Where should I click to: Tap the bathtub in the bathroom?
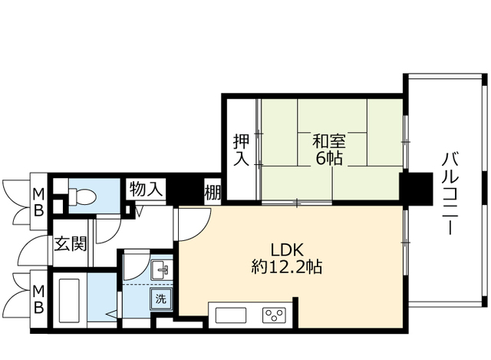pyautogui.click(x=70, y=302)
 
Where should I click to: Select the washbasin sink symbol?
pyautogui.click(x=162, y=269)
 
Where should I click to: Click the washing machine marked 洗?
pyautogui.click(x=162, y=299)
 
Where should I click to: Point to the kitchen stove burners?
pyautogui.click(x=273, y=314)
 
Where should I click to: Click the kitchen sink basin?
pyautogui.click(x=230, y=314)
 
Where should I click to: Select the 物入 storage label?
pyautogui.click(x=145, y=189)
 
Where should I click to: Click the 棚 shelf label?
pyautogui.click(x=213, y=191)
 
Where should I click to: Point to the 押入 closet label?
pyautogui.click(x=241, y=150)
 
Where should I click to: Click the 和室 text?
pyautogui.click(x=328, y=142)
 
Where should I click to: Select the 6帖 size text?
pyautogui.click(x=328, y=160)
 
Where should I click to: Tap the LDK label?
pyautogui.click(x=288, y=249)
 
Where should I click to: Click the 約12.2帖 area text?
pyautogui.click(x=286, y=268)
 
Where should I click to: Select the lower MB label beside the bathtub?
pyautogui.click(x=37, y=299)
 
